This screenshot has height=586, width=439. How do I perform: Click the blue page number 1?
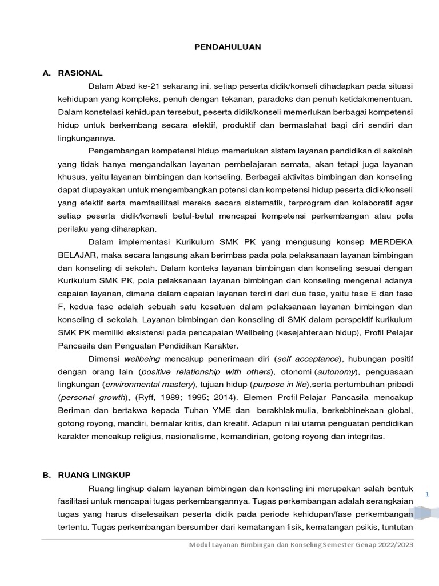coord(428,493)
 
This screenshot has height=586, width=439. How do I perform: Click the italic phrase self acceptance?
coord(308,359)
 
